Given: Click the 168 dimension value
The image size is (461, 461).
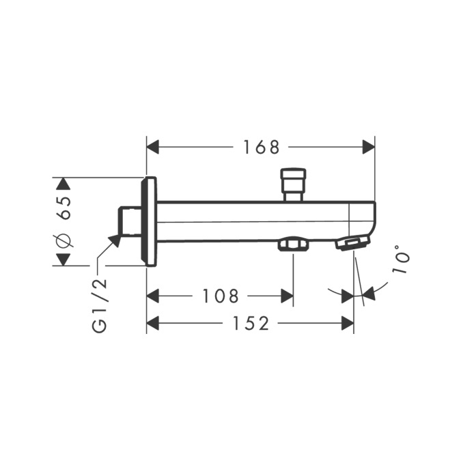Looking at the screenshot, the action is tap(261, 148).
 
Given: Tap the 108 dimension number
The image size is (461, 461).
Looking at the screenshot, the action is tap(221, 296).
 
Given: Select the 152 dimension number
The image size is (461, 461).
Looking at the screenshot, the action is tap(251, 324).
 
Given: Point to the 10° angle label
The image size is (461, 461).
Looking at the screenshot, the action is tap(400, 260).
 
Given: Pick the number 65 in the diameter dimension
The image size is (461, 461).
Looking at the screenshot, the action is tap(65, 208).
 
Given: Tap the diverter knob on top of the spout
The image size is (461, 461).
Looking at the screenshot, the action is tap(294, 184).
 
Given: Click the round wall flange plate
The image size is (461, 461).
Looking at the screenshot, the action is tap(149, 222).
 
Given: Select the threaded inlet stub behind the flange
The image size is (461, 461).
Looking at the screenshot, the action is tap(129, 221).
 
